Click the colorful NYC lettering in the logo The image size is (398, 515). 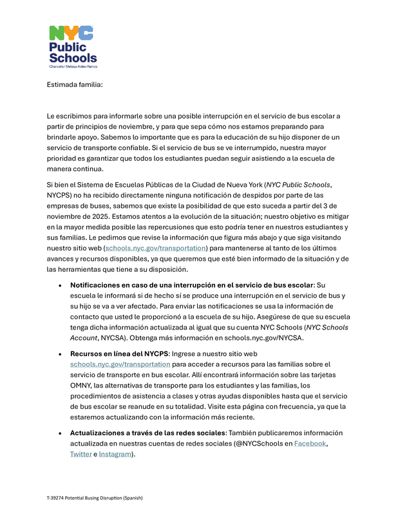click(x=71, y=33)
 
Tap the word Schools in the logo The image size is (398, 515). click(x=73, y=58)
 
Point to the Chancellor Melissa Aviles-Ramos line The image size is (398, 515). click(x=73, y=66)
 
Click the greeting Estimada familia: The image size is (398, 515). click(x=74, y=84)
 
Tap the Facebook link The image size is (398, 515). click(x=310, y=444)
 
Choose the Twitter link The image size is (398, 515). click(x=81, y=454)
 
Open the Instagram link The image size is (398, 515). click(x=115, y=454)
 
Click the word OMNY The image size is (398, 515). click(x=82, y=385)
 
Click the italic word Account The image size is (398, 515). click(x=85, y=337)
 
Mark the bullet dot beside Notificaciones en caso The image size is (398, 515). click(x=60, y=285)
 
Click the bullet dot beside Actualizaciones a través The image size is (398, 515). click(x=60, y=433)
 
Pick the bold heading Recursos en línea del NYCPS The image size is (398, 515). click(x=118, y=353)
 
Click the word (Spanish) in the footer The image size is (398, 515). click(x=131, y=498)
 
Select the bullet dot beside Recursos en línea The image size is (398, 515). click(x=60, y=354)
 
